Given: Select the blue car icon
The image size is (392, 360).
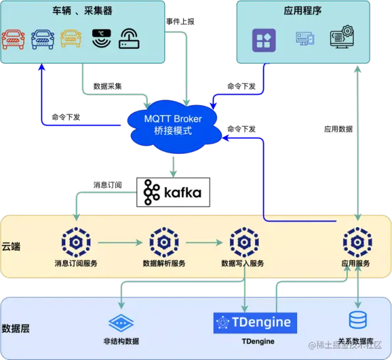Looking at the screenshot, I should (43, 39).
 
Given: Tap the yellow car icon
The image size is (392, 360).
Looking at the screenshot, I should (72, 39).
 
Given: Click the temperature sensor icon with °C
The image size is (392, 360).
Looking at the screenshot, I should (101, 39).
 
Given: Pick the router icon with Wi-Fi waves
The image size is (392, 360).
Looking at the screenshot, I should (129, 40).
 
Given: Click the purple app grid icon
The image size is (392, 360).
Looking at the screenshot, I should (265, 39).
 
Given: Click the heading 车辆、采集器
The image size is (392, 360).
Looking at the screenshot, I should (82, 12).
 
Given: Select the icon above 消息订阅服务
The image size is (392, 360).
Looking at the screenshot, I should (76, 242).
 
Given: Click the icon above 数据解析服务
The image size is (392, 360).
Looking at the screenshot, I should (163, 242).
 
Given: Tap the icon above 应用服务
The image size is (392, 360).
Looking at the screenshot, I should (356, 242).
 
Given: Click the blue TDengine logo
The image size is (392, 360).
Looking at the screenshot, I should (255, 322).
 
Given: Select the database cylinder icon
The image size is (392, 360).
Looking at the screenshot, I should (358, 321).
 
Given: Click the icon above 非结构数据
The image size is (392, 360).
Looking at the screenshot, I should (121, 322).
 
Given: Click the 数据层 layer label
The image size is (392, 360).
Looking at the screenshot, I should (16, 328).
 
